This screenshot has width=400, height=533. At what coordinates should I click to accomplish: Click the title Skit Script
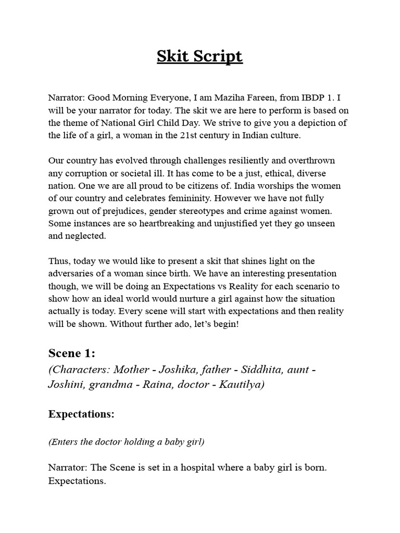[199, 56]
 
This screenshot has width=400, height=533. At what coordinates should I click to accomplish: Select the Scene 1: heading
[72, 353]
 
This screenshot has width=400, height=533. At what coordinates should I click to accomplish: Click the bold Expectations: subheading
[81, 414]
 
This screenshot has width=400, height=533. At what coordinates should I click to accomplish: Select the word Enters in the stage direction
[64, 442]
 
